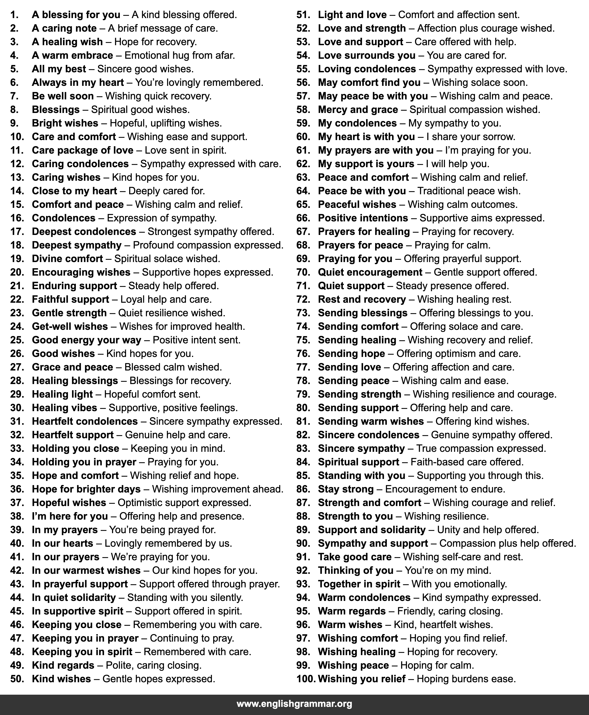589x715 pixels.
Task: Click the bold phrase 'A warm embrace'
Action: pyautogui.click(x=72, y=55)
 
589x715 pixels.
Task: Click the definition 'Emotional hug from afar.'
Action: pyautogui.click(x=180, y=55)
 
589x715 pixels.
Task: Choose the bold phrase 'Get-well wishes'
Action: pyautogui.click(x=70, y=326)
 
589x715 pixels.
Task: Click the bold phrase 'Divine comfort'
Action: pyautogui.click(x=67, y=259)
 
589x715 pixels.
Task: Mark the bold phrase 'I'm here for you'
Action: pyautogui.click(x=70, y=516)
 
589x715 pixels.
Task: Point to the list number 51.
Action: pyautogui.click(x=303, y=15)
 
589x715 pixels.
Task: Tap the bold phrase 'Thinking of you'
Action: pyautogui.click(x=355, y=570)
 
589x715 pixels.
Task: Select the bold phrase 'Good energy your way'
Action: pyautogui.click(x=86, y=340)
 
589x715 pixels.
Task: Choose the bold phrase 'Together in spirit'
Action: pyautogui.click(x=359, y=584)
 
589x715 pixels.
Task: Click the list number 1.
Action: pyautogui.click(x=14, y=15)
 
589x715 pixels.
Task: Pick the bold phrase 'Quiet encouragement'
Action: pyautogui.click(x=370, y=272)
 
